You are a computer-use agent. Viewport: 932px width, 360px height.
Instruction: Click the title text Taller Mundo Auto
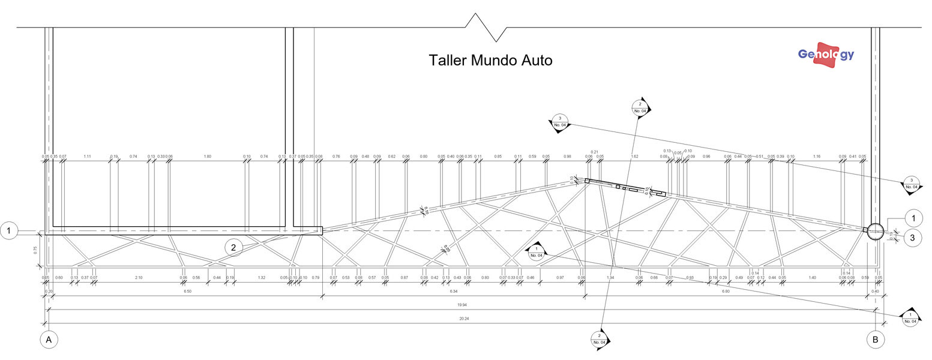(490, 61)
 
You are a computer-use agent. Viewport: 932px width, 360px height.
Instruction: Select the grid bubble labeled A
(49, 340)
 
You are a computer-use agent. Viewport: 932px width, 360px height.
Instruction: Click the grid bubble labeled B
(875, 340)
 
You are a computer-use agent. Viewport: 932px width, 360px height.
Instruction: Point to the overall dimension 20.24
(463, 319)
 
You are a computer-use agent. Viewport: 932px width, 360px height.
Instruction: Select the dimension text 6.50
(187, 291)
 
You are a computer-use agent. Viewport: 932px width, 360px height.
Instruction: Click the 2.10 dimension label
(139, 278)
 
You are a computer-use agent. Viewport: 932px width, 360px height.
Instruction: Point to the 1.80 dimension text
(208, 157)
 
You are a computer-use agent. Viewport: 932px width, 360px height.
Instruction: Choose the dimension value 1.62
(634, 157)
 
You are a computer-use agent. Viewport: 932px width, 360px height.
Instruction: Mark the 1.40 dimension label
(813, 278)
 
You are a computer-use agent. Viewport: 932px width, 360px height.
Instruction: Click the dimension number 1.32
(261, 278)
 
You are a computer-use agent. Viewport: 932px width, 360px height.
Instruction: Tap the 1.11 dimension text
(87, 157)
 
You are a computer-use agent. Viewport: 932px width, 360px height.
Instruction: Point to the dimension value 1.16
(816, 157)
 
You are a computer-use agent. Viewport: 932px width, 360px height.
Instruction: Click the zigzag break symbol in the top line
(486, 28)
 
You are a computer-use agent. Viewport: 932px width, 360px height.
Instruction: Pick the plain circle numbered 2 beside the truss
(233, 247)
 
